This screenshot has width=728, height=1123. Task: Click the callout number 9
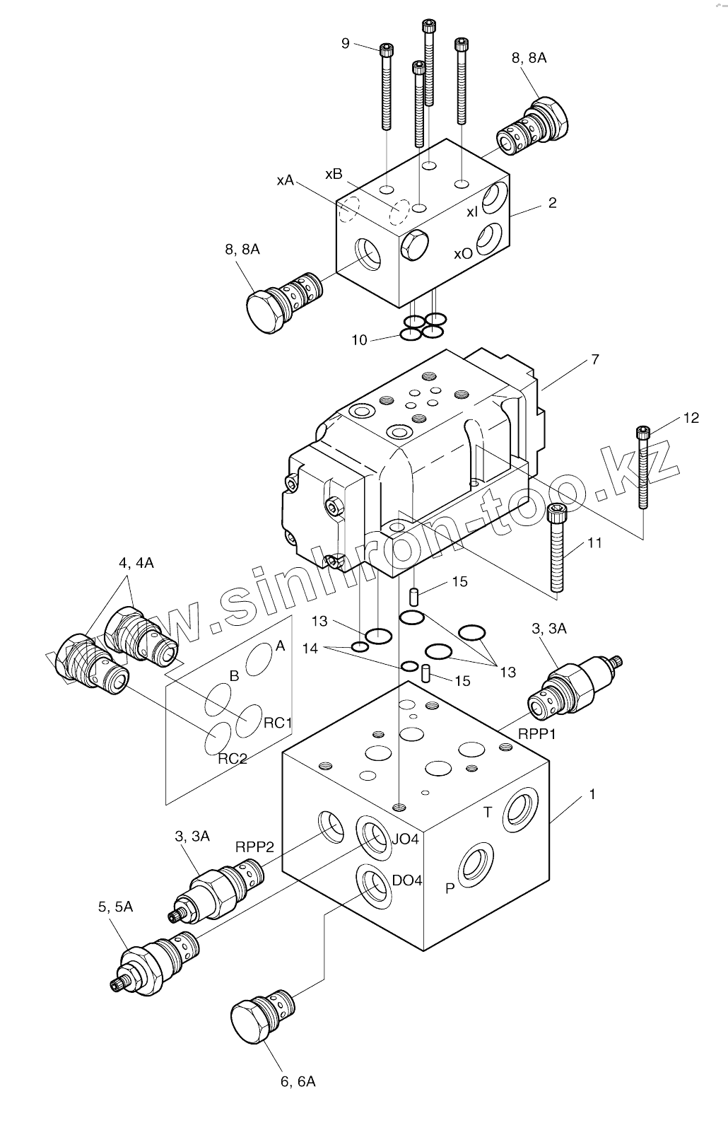[346, 44]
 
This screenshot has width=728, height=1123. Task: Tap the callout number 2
[552, 203]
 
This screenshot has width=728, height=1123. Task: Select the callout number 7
[594, 360]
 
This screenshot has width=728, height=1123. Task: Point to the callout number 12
[691, 418]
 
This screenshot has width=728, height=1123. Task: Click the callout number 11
[594, 543]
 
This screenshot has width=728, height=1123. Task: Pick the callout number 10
[360, 340]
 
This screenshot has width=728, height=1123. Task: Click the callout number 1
[592, 794]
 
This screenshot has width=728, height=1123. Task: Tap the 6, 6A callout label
[298, 1082]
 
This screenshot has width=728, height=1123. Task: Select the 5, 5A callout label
[115, 907]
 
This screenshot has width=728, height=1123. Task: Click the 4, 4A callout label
[136, 563]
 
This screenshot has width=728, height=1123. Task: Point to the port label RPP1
[537, 734]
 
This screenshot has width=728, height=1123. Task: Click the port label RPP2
[254, 846]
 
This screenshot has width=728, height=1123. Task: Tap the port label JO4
[406, 839]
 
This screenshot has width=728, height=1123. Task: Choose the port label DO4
[407, 880]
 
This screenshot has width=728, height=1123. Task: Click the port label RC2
[233, 759]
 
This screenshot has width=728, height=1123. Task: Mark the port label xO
[463, 253]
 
